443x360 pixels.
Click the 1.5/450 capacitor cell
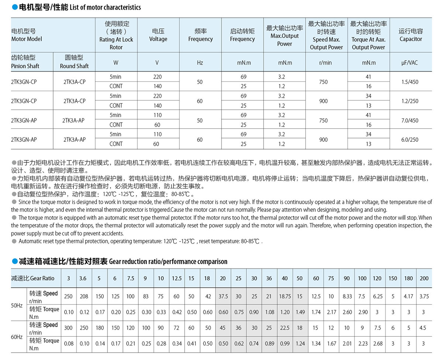tap(410, 82)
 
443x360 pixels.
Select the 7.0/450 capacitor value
tap(410, 120)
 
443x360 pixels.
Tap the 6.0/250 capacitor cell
tap(410, 139)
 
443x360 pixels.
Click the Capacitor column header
tap(411, 35)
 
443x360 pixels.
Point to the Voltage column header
tap(158, 35)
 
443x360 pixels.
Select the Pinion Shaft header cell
tap(25, 62)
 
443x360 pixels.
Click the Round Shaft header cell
tap(74, 62)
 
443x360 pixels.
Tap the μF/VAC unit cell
tap(410, 62)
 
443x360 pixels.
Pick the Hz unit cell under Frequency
tap(200, 62)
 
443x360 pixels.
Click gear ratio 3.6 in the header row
tap(83, 278)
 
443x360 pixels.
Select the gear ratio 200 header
tap(424, 278)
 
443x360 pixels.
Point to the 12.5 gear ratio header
tap(176, 278)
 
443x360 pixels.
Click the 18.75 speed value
tap(285, 296)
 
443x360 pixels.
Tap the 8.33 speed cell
tap(347, 296)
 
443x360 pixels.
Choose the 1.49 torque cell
tap(300, 312)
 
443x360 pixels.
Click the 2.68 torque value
tap(377, 343)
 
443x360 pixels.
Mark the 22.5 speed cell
tap(285, 328)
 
